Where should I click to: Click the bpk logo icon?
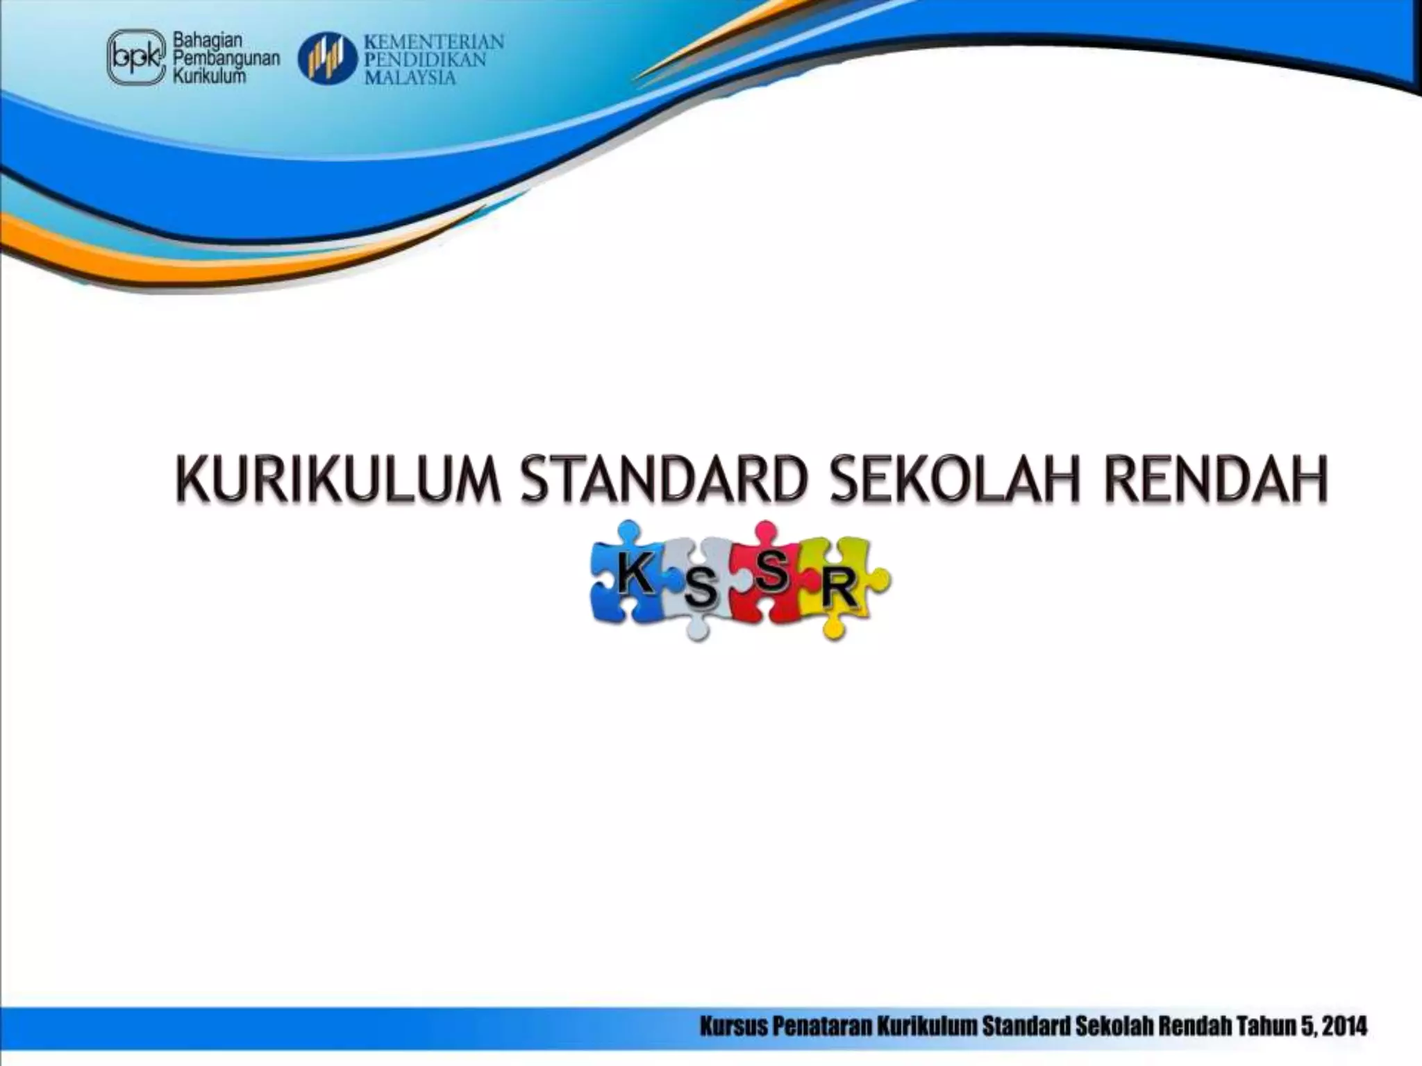[136, 58]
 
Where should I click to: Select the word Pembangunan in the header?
[226, 59]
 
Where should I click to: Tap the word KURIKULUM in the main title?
[337, 479]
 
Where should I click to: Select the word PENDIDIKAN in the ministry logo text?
[424, 60]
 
